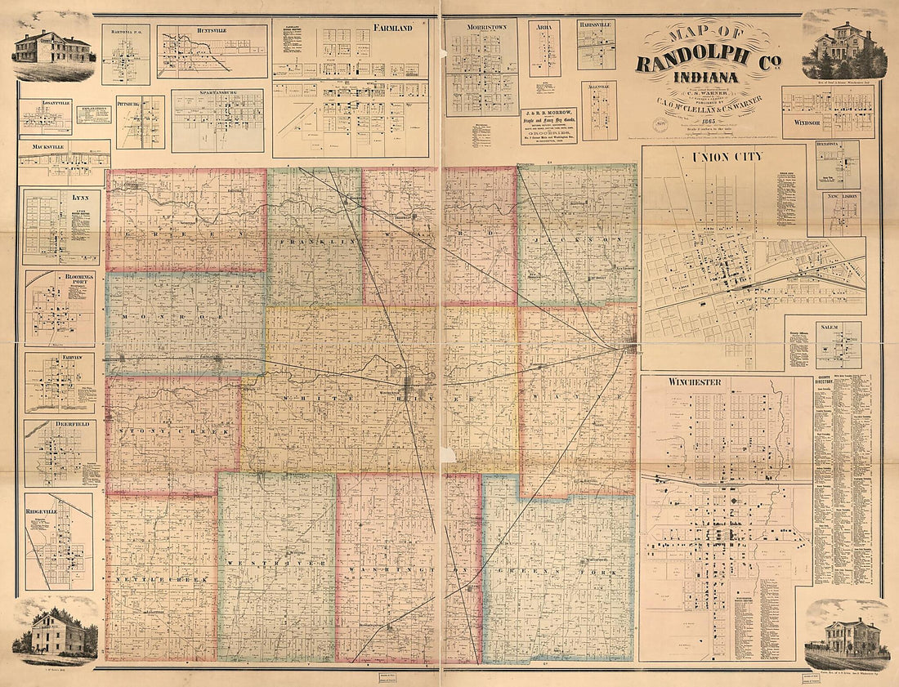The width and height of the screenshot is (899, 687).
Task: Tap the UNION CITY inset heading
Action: point(727,157)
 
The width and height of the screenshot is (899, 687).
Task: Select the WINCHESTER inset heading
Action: point(694,381)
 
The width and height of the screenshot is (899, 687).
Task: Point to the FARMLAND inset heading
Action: point(391,28)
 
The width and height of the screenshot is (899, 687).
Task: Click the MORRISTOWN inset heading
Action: point(481,27)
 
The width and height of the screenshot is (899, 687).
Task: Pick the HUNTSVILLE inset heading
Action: point(212,31)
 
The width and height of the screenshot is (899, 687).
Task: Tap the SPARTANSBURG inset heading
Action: point(217,95)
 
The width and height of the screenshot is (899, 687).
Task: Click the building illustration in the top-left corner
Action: point(53,49)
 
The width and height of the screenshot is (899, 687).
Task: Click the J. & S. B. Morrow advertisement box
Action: point(549,126)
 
